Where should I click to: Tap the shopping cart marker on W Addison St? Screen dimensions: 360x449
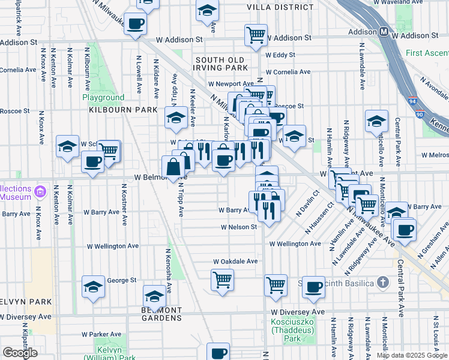pos(256,35)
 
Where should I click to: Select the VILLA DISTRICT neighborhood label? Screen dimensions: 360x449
pos(280,7)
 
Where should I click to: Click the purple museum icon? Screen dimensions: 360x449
pos(40,192)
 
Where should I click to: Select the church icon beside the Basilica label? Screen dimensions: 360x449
pos(383,283)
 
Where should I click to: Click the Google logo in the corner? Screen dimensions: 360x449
pos(20,353)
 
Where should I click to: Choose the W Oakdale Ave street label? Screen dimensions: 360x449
pos(236,262)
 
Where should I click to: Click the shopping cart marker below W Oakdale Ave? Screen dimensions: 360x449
pos(222,279)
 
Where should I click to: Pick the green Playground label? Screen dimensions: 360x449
pos(103,97)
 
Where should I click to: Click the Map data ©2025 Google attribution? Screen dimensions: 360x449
pos(411,355)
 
